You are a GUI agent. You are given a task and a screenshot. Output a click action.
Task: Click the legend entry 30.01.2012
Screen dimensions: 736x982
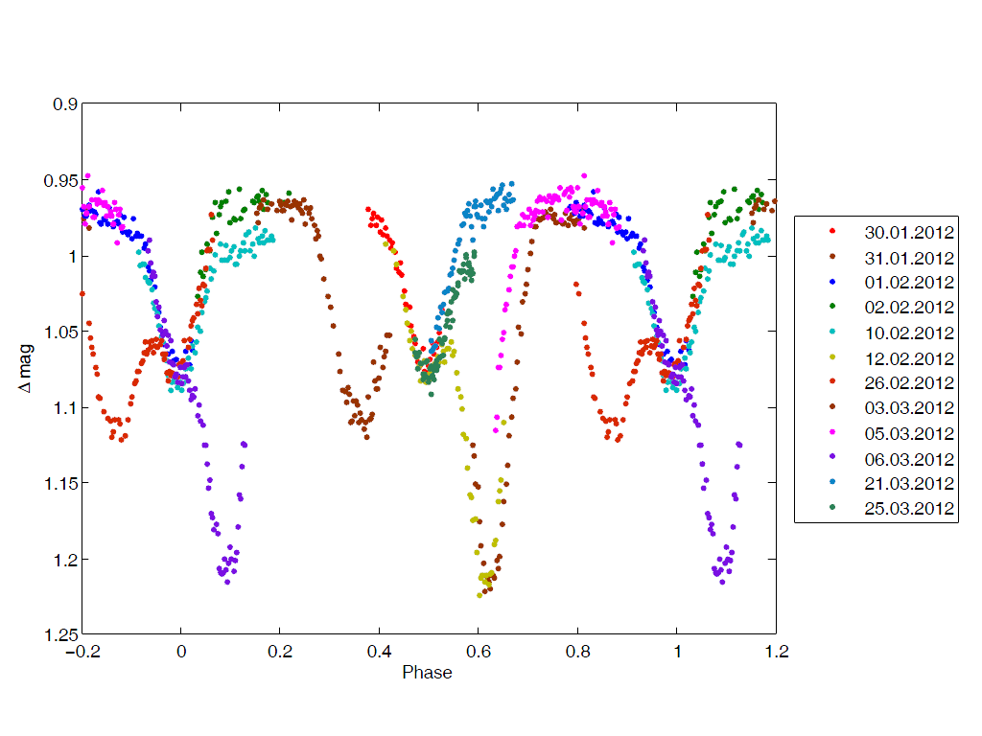[x=908, y=232]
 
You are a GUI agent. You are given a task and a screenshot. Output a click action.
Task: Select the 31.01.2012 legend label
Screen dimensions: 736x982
[x=908, y=257]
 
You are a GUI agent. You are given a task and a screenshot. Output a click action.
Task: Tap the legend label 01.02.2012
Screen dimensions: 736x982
[x=908, y=282]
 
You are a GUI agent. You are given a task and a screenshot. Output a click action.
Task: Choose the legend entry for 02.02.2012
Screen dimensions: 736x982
[x=908, y=307]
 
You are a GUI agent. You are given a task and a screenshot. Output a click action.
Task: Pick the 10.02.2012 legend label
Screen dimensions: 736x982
[x=908, y=333]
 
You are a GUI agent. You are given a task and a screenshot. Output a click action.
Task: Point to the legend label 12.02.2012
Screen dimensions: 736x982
[x=908, y=357]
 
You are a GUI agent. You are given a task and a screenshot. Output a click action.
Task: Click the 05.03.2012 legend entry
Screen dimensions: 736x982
[x=908, y=433]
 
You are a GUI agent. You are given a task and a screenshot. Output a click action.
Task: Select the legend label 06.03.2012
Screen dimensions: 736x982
[x=908, y=458]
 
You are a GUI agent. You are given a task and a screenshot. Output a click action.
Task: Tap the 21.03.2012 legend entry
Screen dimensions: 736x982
[x=908, y=483]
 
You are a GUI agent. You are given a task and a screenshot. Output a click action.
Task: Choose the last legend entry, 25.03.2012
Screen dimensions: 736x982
[x=908, y=508]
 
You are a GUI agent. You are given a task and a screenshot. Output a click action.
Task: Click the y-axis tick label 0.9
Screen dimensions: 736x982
[x=64, y=104]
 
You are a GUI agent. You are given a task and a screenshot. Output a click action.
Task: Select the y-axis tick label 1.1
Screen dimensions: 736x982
[x=64, y=408]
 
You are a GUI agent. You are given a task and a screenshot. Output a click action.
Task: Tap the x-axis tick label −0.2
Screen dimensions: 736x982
[x=82, y=652]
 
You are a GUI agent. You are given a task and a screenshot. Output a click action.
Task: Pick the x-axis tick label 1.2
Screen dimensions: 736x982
[x=776, y=652]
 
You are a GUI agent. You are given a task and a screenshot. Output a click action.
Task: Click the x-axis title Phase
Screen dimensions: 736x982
[x=428, y=673]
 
